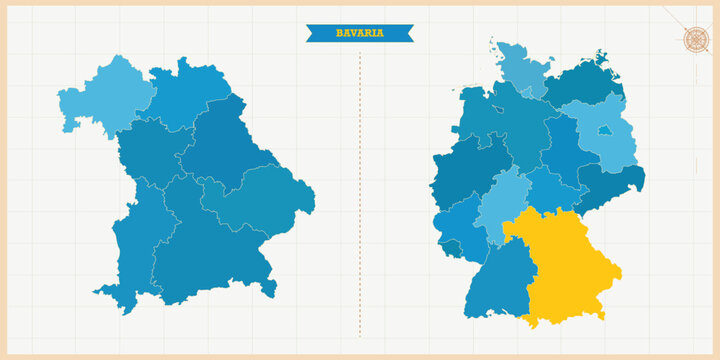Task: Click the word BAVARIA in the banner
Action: pyautogui.click(x=359, y=34)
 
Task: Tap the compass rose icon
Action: pyautogui.click(x=695, y=39)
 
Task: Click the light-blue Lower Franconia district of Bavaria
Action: pyautogui.click(x=100, y=94)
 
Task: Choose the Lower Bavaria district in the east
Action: pyautogui.click(x=262, y=200)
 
